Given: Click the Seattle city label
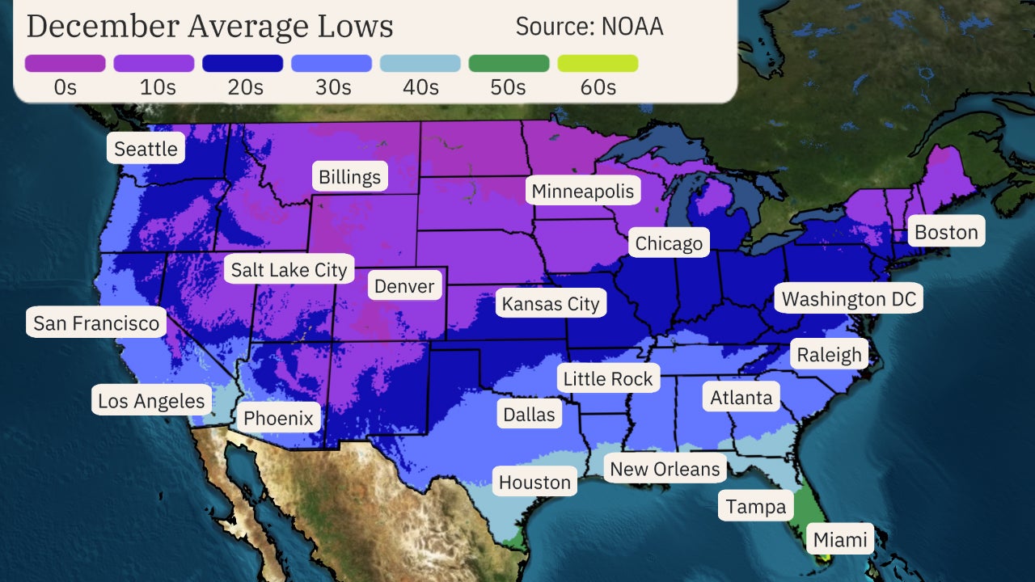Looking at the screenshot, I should point(146,149).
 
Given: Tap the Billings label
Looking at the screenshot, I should point(349,177).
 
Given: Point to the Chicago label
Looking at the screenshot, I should point(669,243).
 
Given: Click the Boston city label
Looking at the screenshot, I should point(946,233).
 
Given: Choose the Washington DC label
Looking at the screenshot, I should point(849,299).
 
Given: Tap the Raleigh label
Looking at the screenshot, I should point(829,355).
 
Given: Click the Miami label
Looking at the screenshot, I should point(840,540).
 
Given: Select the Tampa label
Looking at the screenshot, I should point(755,507).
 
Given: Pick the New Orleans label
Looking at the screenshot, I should point(665,469).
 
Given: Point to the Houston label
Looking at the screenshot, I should point(534,483).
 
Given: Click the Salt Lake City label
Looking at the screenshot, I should point(289,269).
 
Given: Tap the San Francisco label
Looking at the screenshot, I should point(96,324).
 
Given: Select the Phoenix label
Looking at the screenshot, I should point(278,418).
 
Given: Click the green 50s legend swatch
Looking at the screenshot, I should point(509,63).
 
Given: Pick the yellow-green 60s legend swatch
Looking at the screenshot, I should point(598,63).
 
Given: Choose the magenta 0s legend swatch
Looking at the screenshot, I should point(65,63).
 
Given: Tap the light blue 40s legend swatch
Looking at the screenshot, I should point(420,63).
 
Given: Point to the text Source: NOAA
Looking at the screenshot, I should point(589,26).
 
